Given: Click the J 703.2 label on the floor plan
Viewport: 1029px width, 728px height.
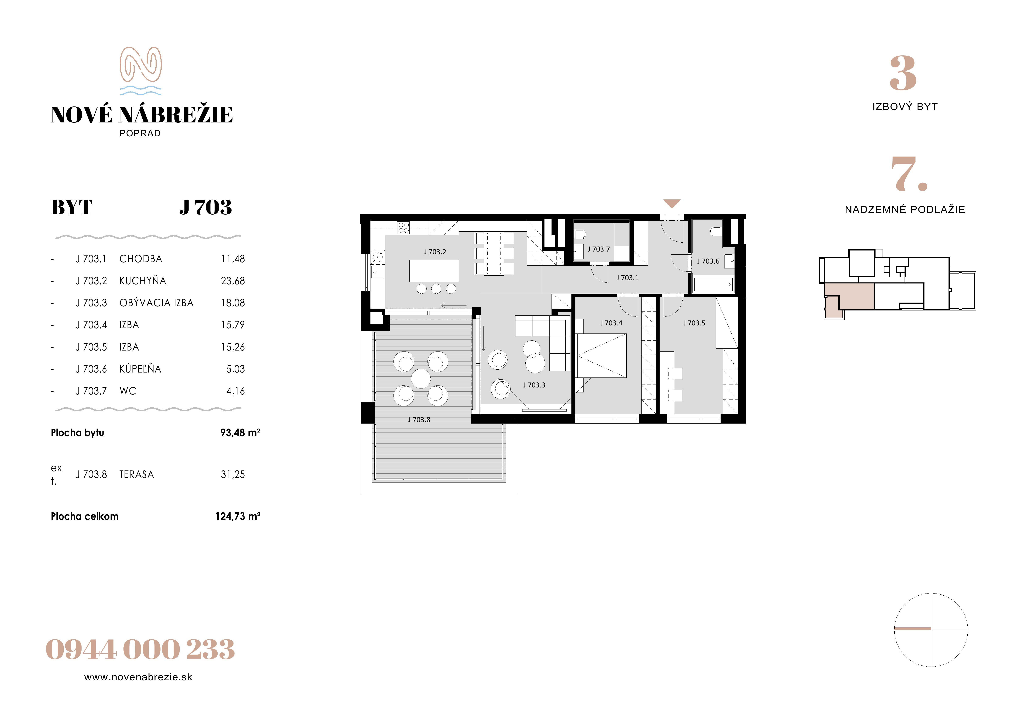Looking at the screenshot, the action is point(435,252).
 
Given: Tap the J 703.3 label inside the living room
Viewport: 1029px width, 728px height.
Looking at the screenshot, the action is point(534,385).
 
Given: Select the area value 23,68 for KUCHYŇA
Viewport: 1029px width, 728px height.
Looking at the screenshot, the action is point(233,281).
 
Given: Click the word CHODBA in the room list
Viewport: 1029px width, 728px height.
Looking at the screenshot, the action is point(141,259).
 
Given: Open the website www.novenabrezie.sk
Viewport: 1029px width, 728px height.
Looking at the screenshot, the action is point(138,677).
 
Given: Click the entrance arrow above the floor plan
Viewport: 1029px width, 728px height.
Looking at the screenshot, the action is point(672,204).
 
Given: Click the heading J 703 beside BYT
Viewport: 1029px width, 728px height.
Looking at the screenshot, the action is point(206,208).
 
